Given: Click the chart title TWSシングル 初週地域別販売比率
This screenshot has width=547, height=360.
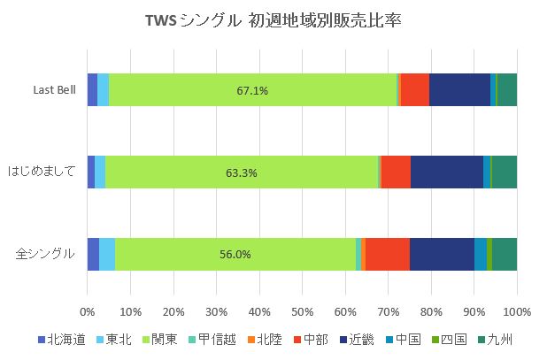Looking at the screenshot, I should [273, 20].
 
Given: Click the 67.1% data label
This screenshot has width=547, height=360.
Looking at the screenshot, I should [252, 90].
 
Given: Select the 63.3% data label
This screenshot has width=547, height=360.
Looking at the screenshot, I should [241, 172].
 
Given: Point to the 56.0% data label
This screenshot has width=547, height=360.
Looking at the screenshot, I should [235, 255].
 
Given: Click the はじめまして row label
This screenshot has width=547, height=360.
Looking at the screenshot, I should [41, 172].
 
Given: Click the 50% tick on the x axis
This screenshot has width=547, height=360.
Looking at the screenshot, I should [302, 311].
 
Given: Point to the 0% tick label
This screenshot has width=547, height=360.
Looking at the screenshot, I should [87, 311].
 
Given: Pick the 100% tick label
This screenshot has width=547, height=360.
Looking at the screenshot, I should [517, 311].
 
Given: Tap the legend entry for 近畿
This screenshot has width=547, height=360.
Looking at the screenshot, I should [352, 340].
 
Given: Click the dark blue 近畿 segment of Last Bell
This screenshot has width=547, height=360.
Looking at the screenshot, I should [459, 90].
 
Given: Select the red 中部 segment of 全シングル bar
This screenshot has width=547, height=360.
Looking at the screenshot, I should [388, 254].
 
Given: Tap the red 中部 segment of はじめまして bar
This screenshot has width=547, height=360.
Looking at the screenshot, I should [396, 172].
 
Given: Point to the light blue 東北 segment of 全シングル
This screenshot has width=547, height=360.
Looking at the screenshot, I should [106, 254].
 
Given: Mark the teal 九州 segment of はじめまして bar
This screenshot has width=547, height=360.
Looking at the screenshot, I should [504, 172].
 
